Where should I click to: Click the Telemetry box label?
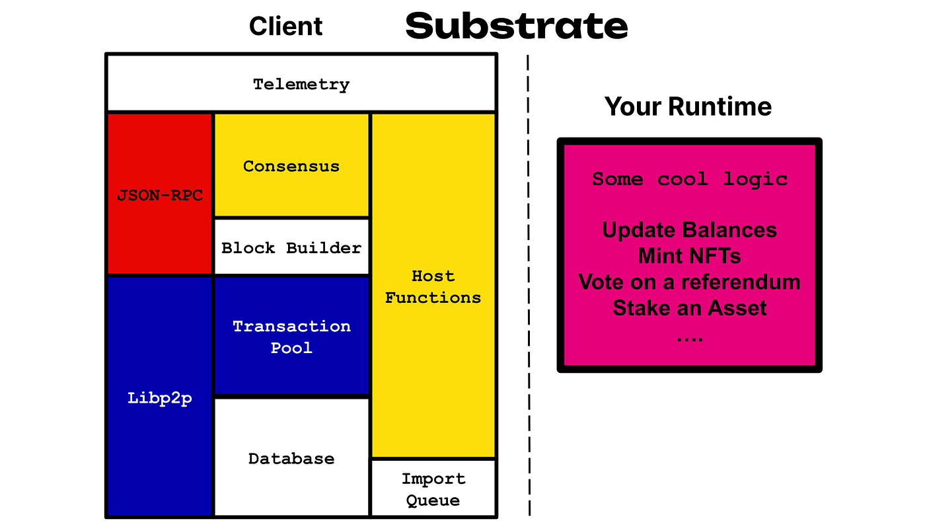click(301, 85)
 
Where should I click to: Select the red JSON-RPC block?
click(160, 193)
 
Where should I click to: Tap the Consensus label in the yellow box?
click(291, 166)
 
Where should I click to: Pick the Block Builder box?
click(291, 247)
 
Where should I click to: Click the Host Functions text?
click(433, 287)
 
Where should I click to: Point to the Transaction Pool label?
click(291, 337)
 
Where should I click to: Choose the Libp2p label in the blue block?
click(159, 398)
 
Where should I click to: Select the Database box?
click(291, 457)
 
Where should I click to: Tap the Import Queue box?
click(433, 488)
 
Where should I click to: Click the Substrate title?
click(517, 26)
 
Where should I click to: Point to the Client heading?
click(285, 26)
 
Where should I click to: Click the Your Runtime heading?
click(688, 106)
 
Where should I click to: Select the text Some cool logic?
click(690, 179)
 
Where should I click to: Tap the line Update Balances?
click(690, 229)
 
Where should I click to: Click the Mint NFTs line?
click(690, 256)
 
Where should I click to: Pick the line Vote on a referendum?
click(690, 282)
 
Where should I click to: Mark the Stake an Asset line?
click(690, 308)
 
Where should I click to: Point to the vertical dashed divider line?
click(529, 285)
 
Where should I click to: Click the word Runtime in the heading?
click(720, 106)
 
